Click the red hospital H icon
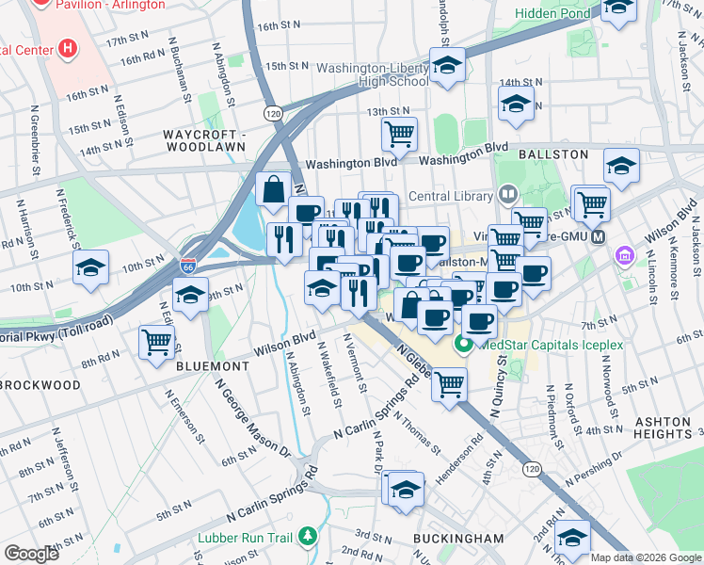pyautogui.click(x=67, y=47)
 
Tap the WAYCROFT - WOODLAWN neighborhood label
pyautogui.click(x=203, y=140)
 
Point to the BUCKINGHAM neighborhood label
pyautogui.click(x=458, y=538)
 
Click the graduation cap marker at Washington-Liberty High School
pyautogui.click(x=447, y=66)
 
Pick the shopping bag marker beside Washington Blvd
pyautogui.click(x=273, y=188)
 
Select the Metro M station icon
pyautogui.click(x=598, y=237)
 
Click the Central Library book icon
pyautogui.click(x=507, y=195)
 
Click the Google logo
pyautogui.click(x=31, y=553)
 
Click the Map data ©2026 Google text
pyautogui.click(x=646, y=557)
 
